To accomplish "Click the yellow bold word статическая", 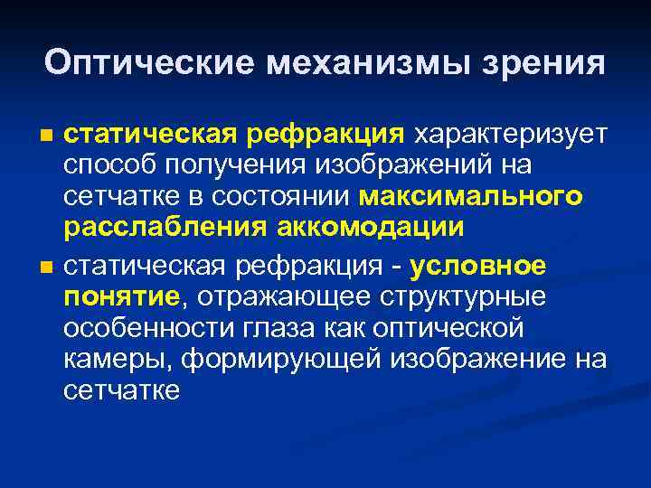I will click(x=148, y=136).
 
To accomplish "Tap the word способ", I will click(x=111, y=166).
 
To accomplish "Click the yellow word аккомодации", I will click(x=366, y=228).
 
